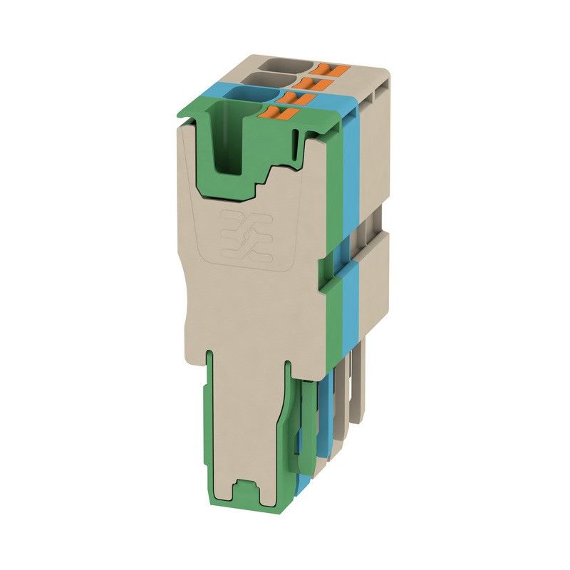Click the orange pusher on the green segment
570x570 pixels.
click(279, 112)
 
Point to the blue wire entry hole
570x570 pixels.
click(257, 95)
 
